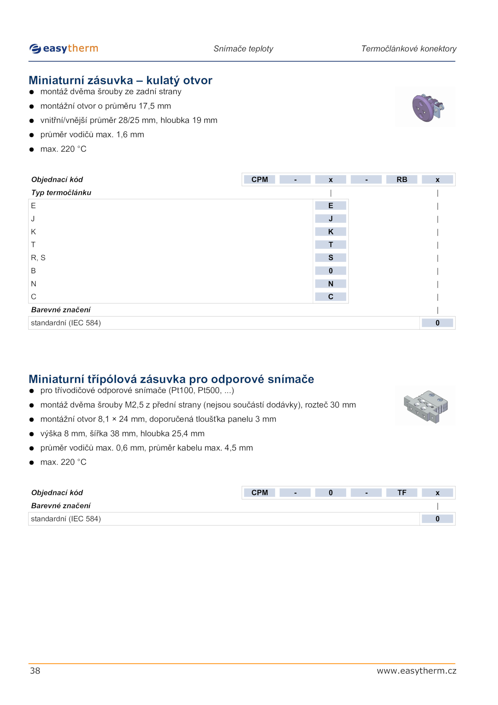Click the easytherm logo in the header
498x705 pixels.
coord(64,49)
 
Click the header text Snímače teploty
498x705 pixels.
coord(243,49)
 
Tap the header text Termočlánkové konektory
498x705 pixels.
coord(409,49)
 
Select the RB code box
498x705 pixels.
coord(402,179)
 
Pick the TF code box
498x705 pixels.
coord(402,493)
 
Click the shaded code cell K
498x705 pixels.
coord(331,232)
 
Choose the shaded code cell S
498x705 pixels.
coord(331,258)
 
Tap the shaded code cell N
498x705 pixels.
coord(331,284)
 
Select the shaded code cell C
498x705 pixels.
coord(331,297)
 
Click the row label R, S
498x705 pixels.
coord(38,258)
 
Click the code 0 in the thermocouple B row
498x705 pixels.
coord(331,271)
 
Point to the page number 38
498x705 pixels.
coord(35,671)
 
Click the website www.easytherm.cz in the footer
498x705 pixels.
coord(416,671)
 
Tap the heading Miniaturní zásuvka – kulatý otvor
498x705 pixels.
coord(120,80)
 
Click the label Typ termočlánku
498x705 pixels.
coord(61,193)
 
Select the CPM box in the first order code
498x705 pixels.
coord(260,179)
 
